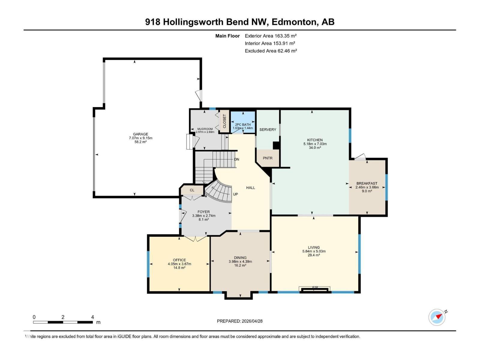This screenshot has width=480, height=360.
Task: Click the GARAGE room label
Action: pos(140,134)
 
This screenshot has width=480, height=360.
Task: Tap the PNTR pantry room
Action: pos(268,158)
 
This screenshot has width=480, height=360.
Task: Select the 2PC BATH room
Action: pos(243,124)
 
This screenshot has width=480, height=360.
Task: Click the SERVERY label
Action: pos(268,130)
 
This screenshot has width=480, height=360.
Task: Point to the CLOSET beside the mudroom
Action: pos(224,121)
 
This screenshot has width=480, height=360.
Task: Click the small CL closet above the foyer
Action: pos(192,190)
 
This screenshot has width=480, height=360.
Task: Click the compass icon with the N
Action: pos(437,317)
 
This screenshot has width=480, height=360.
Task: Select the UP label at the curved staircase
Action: pos(235,194)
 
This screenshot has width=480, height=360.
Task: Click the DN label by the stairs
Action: pos(237,159)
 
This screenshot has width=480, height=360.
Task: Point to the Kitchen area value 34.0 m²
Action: pos(315,148)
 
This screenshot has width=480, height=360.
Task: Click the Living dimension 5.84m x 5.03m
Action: pos(314,251)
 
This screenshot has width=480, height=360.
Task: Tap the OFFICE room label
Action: pos(179,260)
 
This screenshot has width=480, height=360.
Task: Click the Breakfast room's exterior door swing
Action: pos(360,157)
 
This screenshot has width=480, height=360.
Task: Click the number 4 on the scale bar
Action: pos(92,317)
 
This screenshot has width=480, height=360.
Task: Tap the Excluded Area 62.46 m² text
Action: pos(271,51)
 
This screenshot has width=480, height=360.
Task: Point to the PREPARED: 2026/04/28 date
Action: pos(240,321)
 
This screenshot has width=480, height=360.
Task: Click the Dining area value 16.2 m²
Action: pos(240,265)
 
